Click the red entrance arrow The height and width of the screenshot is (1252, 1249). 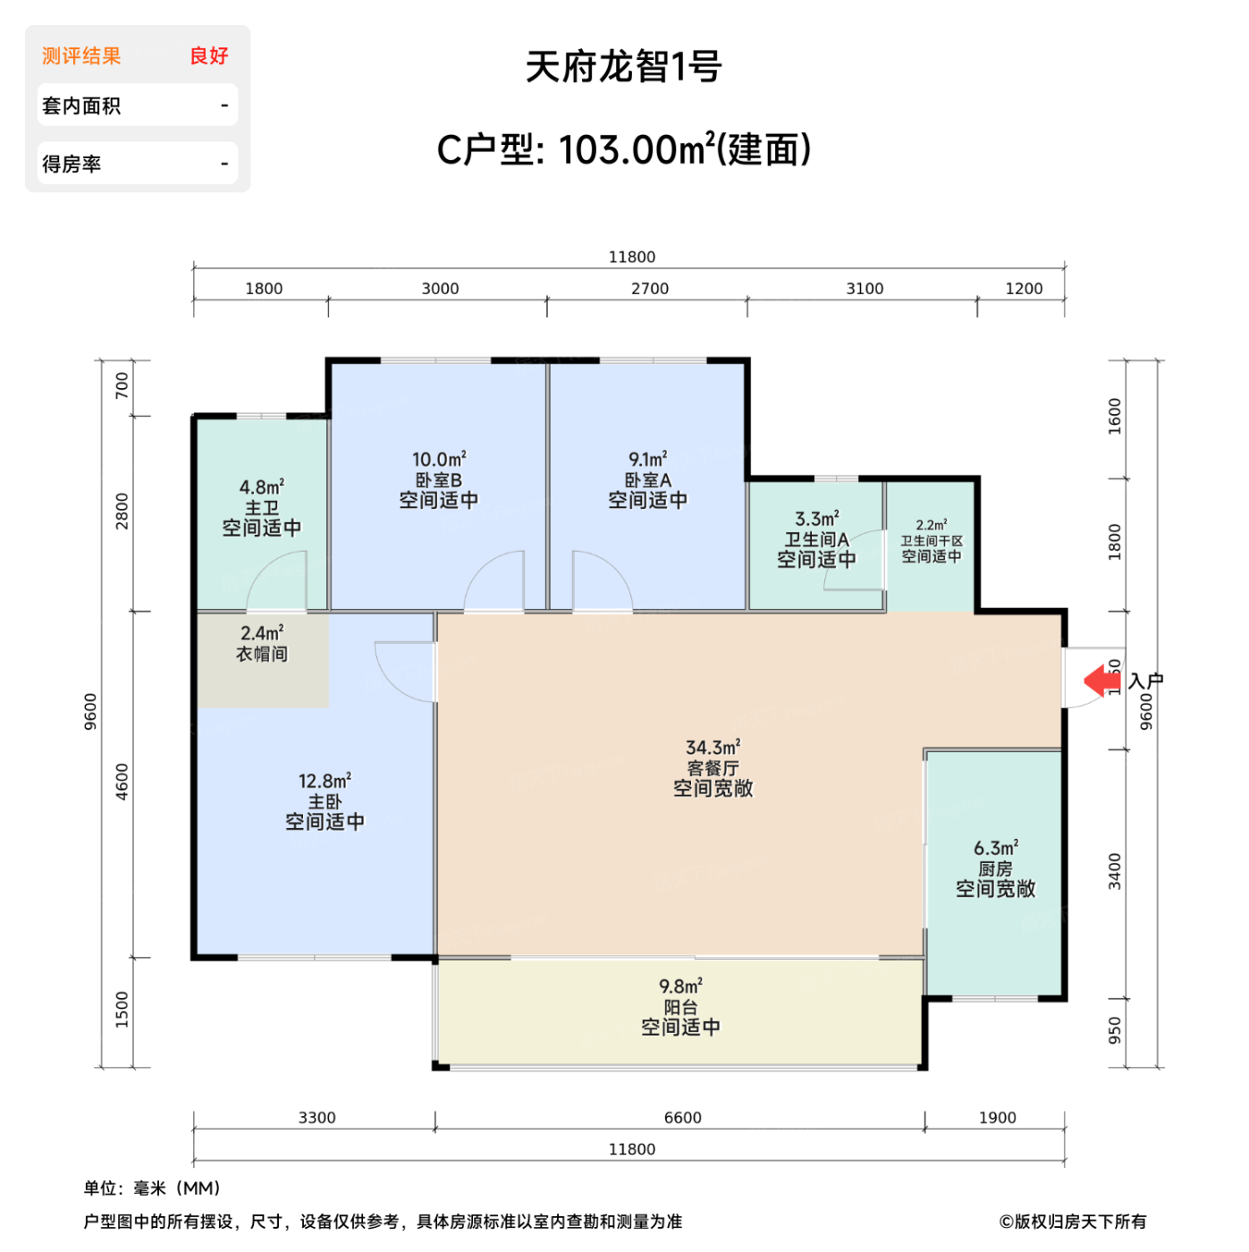[1101, 681]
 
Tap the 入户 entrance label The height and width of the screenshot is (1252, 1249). [1145, 681]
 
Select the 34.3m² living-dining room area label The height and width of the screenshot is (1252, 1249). [713, 748]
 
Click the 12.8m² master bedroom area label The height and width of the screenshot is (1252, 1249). [325, 782]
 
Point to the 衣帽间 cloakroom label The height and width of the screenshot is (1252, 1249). [262, 655]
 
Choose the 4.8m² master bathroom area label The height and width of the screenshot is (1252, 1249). [261, 487]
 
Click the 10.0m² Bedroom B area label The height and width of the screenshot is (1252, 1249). [439, 460]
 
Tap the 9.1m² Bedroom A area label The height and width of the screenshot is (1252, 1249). [647, 460]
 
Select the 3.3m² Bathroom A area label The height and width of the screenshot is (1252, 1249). [816, 519]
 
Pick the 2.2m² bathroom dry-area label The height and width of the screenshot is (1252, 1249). [931, 526]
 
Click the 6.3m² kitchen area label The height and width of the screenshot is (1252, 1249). [995, 848]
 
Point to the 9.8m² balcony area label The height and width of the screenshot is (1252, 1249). [680, 986]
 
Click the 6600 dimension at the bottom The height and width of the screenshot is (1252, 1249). [682, 1118]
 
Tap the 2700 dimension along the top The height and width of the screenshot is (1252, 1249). [650, 289]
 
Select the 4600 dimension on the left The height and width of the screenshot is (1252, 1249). [122, 782]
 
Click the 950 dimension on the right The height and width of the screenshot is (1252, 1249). [1115, 1030]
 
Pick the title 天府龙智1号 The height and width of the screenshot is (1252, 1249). [624, 67]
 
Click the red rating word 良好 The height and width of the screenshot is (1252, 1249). [209, 56]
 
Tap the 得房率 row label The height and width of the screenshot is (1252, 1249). [72, 165]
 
